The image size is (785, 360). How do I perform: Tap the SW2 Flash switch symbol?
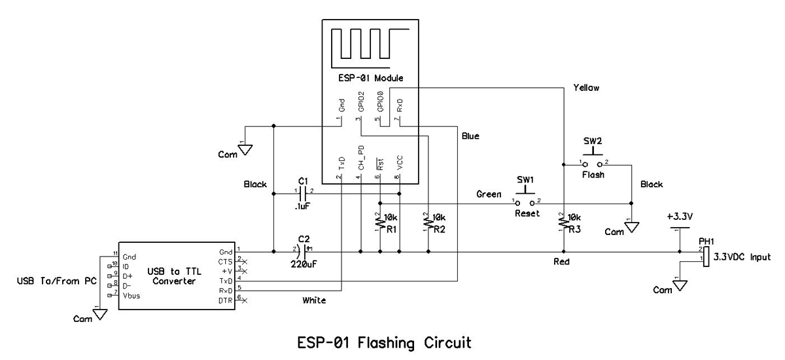coord(594,162)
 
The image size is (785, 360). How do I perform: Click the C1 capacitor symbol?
coord(304,193)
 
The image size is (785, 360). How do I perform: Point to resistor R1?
coord(380,225)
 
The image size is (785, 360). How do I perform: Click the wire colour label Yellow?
coord(587,87)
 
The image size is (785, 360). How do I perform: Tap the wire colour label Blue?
coord(471,137)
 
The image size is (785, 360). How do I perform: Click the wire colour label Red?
coord(561,261)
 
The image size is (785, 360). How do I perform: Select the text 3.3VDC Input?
coord(744,257)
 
